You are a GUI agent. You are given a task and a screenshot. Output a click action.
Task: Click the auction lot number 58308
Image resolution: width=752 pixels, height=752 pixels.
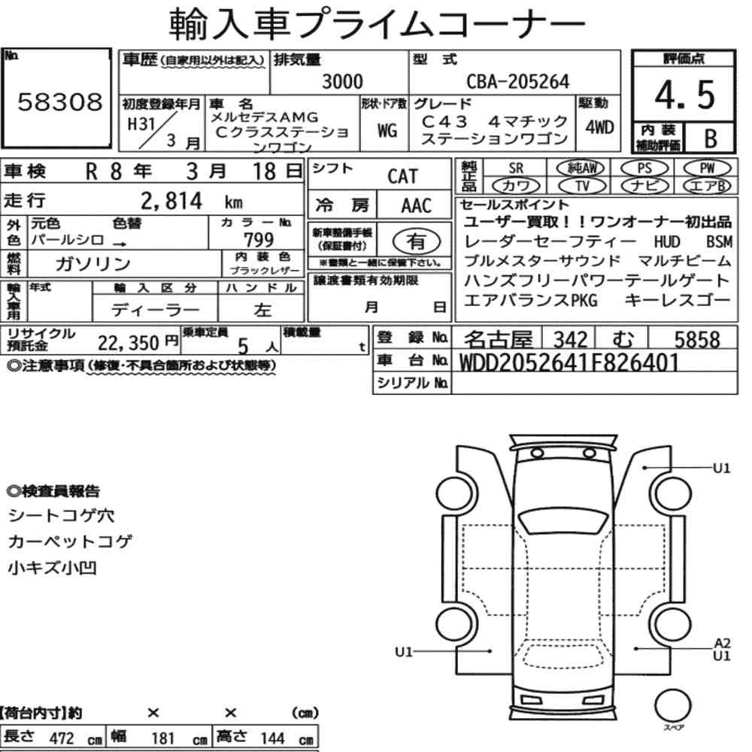tap(60, 102)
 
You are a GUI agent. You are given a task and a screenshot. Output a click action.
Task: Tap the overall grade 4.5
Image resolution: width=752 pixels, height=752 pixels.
tap(685, 95)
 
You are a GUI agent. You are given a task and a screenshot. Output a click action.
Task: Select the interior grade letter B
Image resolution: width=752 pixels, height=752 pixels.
tap(711, 138)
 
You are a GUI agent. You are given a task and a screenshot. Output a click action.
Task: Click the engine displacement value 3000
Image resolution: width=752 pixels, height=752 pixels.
tap(342, 81)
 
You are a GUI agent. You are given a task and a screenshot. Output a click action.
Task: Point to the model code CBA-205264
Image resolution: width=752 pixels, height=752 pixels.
tap(518, 81)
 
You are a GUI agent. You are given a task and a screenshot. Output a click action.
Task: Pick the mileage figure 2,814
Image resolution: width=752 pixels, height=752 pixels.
tap(171, 201)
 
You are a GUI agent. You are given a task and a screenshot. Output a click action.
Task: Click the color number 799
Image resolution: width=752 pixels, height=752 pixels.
tap(259, 239)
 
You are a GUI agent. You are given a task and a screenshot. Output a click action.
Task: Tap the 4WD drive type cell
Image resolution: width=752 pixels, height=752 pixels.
tap(599, 127)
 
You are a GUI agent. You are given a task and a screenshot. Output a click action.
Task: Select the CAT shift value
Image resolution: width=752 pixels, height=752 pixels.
tap(403, 177)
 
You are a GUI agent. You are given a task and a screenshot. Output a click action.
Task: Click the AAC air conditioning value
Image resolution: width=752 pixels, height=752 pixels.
tap(416, 206)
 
